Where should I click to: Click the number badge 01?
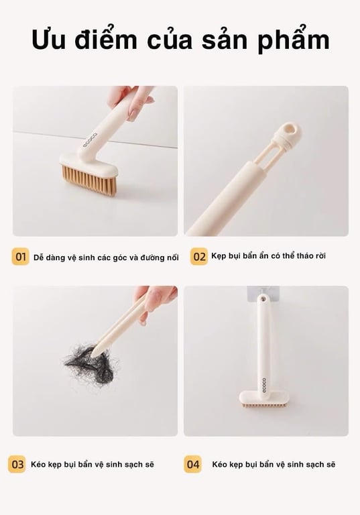(x=21, y=257)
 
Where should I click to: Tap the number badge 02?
(x=198, y=257)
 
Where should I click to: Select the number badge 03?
(x=17, y=464)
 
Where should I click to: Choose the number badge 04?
(x=193, y=464)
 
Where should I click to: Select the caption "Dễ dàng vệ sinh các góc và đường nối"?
(x=106, y=257)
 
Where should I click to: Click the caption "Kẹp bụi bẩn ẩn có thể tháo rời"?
(x=268, y=256)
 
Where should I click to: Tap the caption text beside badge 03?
(x=92, y=464)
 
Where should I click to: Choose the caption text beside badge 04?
(x=274, y=464)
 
